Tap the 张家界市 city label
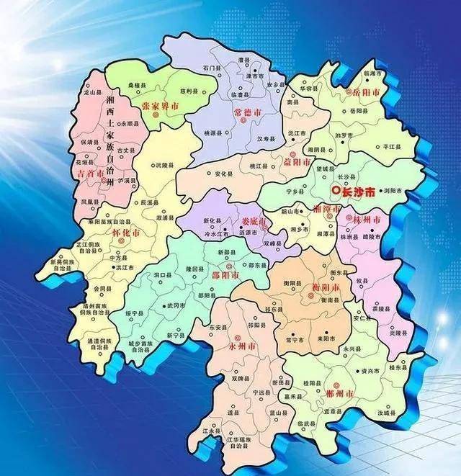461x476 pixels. [161, 105]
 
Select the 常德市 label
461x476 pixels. [249, 112]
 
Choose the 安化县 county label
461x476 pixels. [223, 174]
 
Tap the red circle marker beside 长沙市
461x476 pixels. [335, 191]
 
